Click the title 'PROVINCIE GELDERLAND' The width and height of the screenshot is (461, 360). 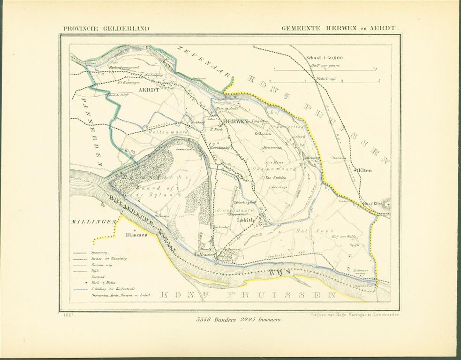pyautogui.click(x=106, y=28)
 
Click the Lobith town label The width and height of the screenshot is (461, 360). pyautogui.click(x=247, y=219)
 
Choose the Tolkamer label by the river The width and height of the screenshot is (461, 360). pyautogui.click(x=205, y=254)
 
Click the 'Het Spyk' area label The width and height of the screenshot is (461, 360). pyautogui.click(x=309, y=231)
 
